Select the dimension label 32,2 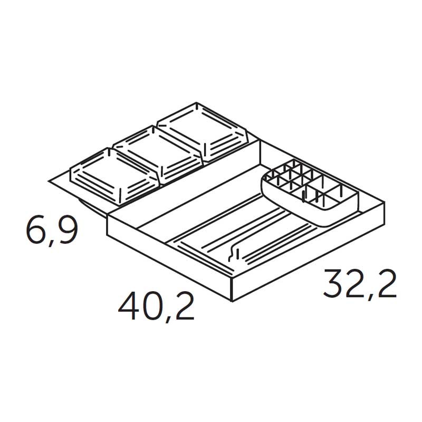click(360, 284)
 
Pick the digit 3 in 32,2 click(333, 283)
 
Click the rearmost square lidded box click(202, 132)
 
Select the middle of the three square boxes click(157, 154)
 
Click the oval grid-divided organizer click(310, 191)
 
